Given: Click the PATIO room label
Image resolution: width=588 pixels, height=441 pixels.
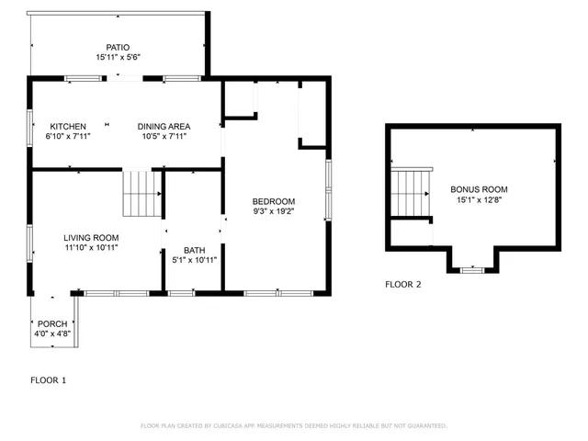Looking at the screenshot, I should (x=118, y=46).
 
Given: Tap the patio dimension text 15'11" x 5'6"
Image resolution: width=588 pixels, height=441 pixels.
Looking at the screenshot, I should (x=118, y=57).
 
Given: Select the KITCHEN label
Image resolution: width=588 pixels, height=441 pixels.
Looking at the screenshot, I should (x=68, y=126).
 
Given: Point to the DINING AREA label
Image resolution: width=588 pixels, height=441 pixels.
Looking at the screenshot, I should (x=165, y=126).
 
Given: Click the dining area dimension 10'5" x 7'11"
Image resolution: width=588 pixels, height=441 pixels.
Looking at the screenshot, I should (x=165, y=137).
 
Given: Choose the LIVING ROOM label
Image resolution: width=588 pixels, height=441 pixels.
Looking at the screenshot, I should (x=91, y=238).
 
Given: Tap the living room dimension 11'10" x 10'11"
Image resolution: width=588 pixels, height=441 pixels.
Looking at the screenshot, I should (x=91, y=249).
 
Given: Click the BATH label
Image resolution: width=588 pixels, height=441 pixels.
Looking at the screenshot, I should (x=194, y=250).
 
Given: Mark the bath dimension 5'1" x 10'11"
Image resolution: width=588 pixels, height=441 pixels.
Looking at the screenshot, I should (x=194, y=261).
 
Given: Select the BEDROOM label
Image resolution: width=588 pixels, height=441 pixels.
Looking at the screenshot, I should (x=274, y=201).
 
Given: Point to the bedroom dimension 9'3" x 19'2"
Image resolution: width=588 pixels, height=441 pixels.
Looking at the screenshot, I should (x=274, y=212).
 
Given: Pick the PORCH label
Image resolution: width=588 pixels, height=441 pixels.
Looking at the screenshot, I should (x=52, y=323).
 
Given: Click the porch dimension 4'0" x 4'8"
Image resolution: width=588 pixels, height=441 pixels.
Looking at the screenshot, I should (x=52, y=334).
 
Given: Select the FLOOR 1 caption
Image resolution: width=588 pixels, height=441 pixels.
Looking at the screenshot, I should (x=48, y=379).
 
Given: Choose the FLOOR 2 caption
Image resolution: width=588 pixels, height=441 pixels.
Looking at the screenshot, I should (x=402, y=284).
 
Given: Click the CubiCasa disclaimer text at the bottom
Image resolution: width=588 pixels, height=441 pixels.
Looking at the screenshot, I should (x=293, y=425).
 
